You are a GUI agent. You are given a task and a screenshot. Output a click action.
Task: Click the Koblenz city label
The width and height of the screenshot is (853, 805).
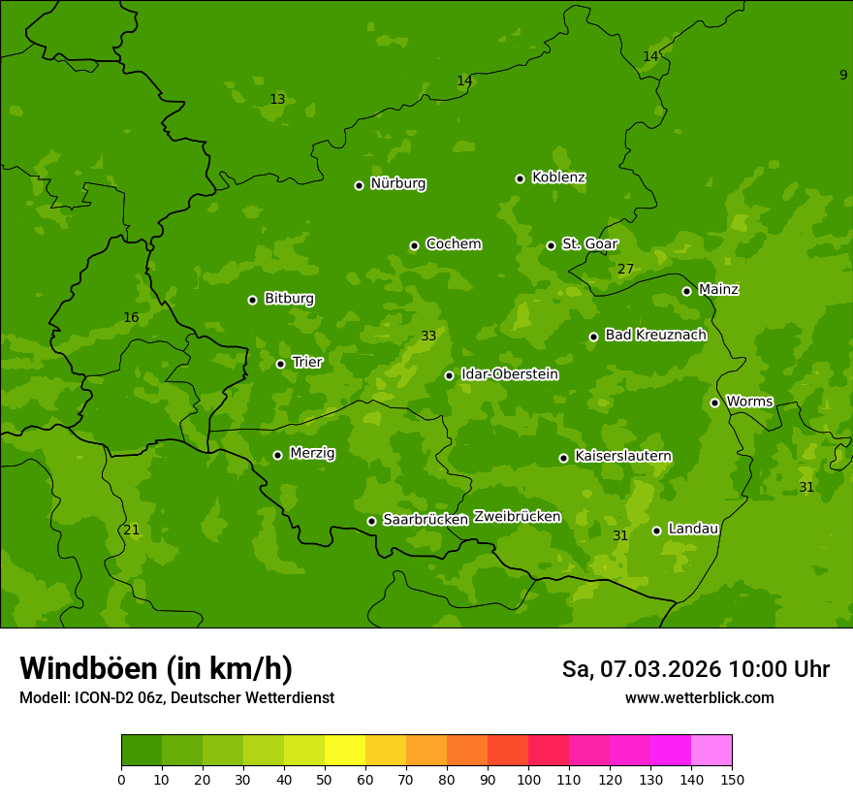(558, 177)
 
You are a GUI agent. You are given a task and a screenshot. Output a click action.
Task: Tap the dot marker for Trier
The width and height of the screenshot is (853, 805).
(280, 364)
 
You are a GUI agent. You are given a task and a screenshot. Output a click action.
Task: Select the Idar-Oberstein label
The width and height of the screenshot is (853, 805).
(509, 374)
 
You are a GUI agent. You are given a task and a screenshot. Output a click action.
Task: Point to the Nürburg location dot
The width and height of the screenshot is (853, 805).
(359, 185)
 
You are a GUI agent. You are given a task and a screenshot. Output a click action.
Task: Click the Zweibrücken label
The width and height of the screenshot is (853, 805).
(517, 516)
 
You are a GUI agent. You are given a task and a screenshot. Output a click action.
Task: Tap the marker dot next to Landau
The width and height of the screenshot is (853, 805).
(656, 531)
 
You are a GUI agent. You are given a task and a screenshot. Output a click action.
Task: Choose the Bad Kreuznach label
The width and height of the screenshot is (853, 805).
(655, 335)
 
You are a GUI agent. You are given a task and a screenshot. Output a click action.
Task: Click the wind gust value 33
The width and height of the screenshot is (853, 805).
(428, 337)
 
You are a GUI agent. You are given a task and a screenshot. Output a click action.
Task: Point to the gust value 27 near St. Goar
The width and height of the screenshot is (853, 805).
(625, 269)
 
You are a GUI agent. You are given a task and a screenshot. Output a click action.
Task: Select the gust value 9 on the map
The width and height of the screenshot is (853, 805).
(843, 75)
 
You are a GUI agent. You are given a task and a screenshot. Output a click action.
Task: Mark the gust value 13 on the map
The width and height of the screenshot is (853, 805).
(277, 99)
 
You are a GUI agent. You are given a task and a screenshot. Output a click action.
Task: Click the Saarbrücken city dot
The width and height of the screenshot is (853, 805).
(371, 521)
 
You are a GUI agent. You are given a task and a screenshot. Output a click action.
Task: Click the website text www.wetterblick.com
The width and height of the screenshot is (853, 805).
(699, 697)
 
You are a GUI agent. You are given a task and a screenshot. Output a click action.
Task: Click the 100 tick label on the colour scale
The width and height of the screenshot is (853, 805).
(528, 779)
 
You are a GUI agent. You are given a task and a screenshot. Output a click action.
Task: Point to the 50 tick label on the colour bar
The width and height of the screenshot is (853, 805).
(325, 779)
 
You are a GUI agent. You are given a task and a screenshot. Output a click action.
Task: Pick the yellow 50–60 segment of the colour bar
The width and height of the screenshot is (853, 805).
(345, 751)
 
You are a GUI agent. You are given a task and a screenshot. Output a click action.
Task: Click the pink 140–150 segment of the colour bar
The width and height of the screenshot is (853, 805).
(711, 751)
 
